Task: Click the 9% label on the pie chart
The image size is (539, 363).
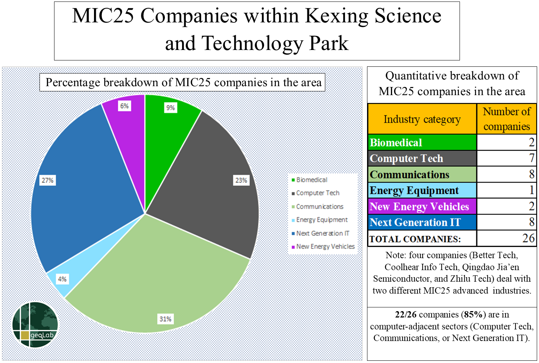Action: pos(170,107)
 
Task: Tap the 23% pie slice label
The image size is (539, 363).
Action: pos(241,180)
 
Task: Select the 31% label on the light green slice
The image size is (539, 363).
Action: pos(165,319)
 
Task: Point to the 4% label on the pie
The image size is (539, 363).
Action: pos(62,279)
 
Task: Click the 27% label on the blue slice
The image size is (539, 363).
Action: pos(47,180)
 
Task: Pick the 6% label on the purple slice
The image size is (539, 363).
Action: pos(125,106)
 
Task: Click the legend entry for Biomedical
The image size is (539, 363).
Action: pos(310,180)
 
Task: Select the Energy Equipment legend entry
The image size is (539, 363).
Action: pos(320,220)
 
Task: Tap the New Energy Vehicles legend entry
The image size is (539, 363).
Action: pos(323,247)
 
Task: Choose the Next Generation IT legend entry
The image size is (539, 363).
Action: pos(320,233)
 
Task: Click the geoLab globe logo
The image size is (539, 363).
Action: pos(35,325)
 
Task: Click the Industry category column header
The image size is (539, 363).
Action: pos(422,119)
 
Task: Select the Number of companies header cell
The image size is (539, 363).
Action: pos(507,119)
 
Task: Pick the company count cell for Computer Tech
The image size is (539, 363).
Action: pos(507,159)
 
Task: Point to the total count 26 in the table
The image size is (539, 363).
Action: pos(529,238)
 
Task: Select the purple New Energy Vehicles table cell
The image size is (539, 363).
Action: pos(422,206)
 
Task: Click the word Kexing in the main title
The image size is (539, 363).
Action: pos(336,16)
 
